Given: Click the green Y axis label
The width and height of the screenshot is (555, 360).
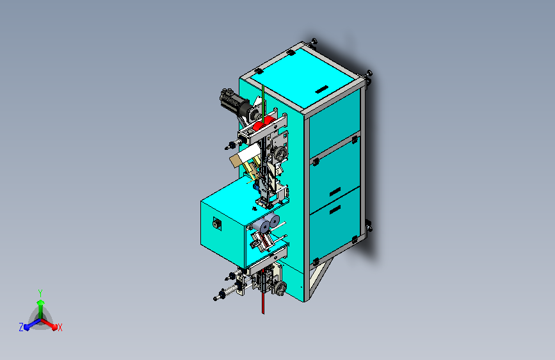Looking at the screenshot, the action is click(x=40, y=293).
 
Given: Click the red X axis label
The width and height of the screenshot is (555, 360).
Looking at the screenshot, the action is click(x=60, y=328).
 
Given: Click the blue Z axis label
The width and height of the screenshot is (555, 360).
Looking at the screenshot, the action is click(x=21, y=327).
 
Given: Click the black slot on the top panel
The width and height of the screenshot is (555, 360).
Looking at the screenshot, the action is click(x=321, y=90).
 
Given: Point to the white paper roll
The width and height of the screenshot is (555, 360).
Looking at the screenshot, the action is click(x=249, y=154).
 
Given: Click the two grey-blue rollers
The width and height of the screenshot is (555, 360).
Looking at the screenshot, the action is click(x=268, y=223).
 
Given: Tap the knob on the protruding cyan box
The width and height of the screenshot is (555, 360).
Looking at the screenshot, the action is click(x=216, y=224).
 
